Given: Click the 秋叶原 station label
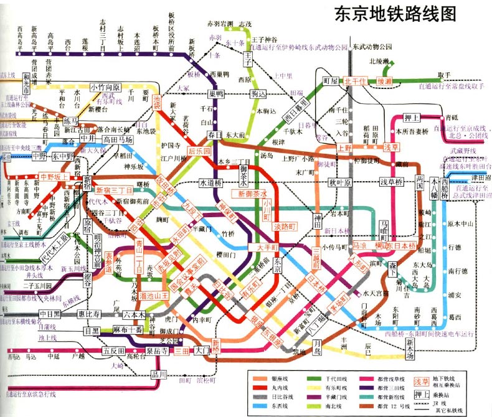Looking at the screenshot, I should coord(341,182).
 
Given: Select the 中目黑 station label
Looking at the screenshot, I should coord(49,314).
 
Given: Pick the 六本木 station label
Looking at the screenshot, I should coord(134,315).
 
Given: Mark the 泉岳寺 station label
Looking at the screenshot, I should coord(157,351).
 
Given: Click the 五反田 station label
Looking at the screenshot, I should coord(114,352).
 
